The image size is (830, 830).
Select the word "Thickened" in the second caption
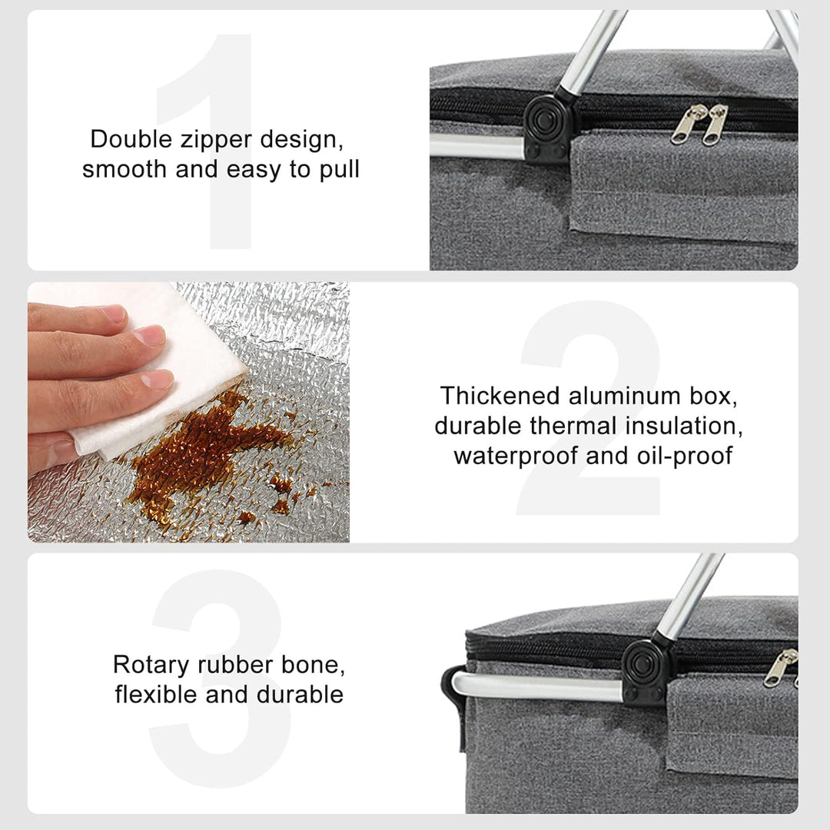[x=500, y=396]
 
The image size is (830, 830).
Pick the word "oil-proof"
[x=685, y=456]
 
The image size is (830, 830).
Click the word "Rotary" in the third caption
[x=151, y=666]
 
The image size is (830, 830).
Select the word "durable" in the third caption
[x=300, y=695]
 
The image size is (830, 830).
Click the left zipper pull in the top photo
[x=685, y=125]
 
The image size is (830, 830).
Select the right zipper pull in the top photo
[x=715, y=125]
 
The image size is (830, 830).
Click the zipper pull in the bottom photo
[x=779, y=668]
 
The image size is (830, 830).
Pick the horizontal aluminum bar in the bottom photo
[x=537, y=687]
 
